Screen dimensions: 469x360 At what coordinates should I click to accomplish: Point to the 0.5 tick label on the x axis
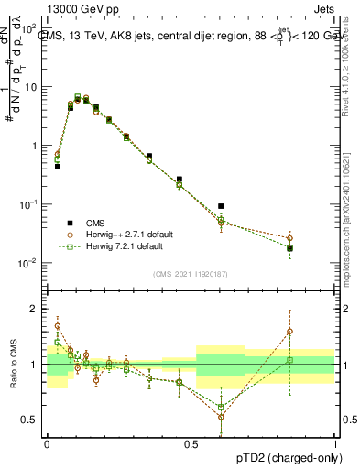[x=191, y=442]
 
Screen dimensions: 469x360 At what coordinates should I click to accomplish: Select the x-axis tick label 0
[x=47, y=442]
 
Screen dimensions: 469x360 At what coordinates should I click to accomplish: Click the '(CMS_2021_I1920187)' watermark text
[x=191, y=273]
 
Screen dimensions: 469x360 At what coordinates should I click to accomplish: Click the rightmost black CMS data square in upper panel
[x=290, y=248]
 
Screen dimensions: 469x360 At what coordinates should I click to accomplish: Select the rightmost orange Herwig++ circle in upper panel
[x=290, y=238]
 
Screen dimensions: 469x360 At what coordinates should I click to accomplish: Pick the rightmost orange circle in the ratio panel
[x=290, y=332]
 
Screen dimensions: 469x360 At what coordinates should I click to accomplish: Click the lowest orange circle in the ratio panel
[x=221, y=417]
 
